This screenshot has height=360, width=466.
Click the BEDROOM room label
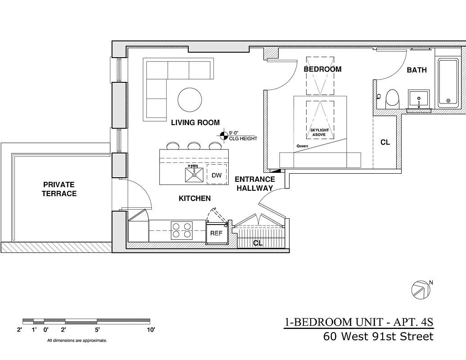pos(322,69)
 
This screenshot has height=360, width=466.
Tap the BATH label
pos(416,70)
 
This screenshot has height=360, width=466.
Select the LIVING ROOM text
pos(195,122)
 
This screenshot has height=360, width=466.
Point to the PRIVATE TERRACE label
pos(59,189)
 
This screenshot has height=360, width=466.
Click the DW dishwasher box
pos(217,175)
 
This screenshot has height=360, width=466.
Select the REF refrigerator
pos(217,234)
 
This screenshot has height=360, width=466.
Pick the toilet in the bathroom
pos(393,98)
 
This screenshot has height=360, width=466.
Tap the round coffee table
pos(190,100)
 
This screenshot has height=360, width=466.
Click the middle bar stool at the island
pos(194,146)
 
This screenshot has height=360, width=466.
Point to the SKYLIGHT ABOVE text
pos(320,132)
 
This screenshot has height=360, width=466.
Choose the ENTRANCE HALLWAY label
pos(255,184)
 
